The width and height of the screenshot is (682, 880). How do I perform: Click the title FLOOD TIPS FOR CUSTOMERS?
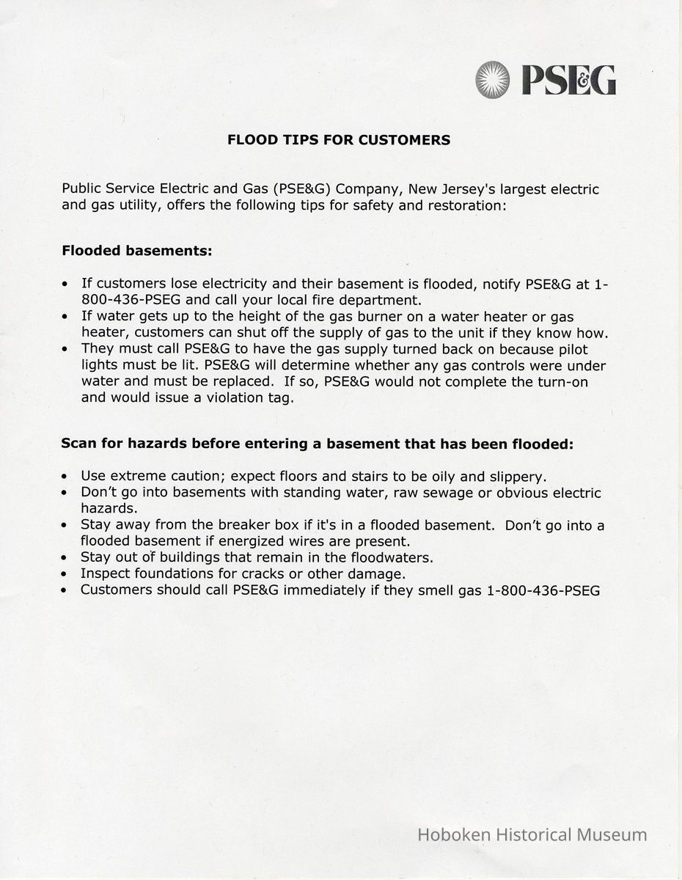click(x=339, y=139)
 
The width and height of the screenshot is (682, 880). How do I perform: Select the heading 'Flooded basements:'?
click(x=137, y=251)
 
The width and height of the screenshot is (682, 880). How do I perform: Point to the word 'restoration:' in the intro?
click(x=467, y=205)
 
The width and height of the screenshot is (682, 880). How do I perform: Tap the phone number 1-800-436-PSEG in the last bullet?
click(x=543, y=590)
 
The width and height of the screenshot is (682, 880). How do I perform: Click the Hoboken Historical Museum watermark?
click(x=532, y=835)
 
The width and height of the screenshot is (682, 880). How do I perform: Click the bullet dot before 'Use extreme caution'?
click(x=66, y=477)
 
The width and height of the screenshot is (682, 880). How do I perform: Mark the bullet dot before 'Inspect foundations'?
click(x=66, y=574)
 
